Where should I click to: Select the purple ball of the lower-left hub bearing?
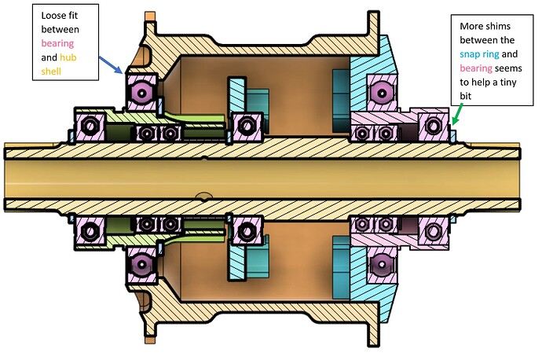(x=142, y=263)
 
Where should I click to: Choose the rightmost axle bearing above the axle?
(x=434, y=125)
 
